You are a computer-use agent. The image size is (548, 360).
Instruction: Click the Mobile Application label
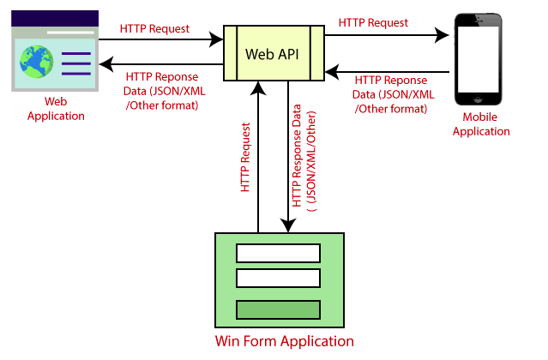point(486,124)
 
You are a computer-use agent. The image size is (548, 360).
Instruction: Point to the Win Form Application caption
point(284,341)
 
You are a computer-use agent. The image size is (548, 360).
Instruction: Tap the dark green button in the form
point(278,309)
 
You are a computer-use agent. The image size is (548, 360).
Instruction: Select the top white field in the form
point(278,253)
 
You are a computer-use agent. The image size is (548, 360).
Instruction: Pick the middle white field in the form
point(278,279)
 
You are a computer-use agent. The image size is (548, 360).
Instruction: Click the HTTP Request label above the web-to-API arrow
point(155,27)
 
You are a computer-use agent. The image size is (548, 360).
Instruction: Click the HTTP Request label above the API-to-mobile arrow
point(373,23)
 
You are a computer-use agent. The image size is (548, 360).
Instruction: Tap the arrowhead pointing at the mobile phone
point(443,36)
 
